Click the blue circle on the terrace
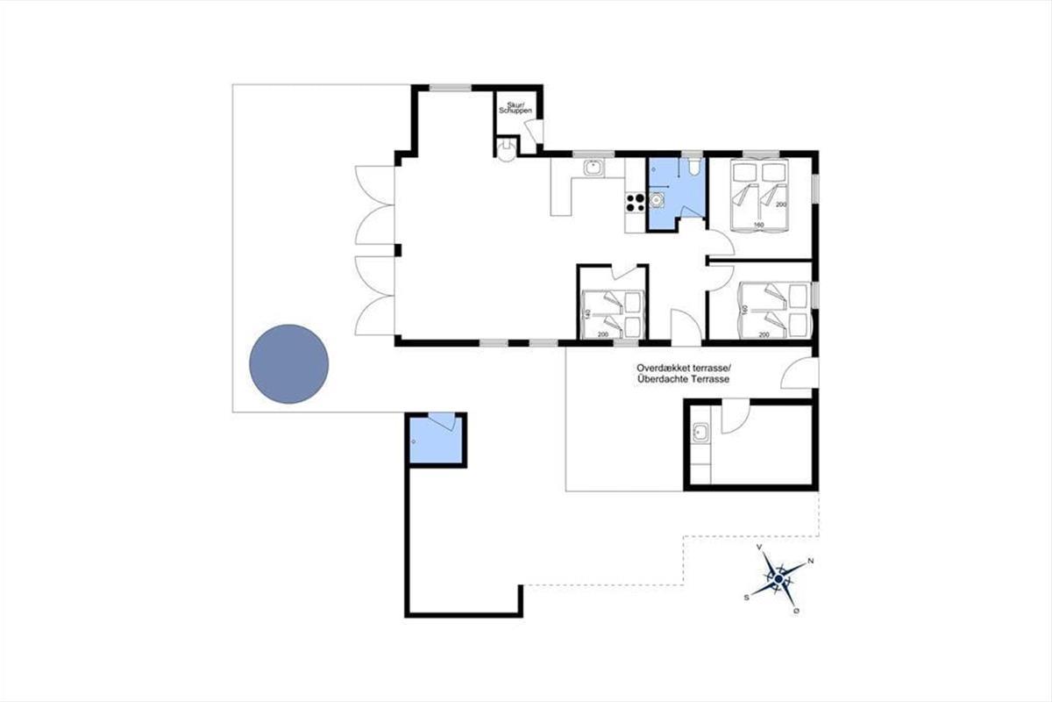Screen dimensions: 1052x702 (288, 364)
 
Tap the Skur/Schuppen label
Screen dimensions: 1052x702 (515, 108)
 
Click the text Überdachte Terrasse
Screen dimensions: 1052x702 (683, 379)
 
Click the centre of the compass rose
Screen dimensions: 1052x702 (778, 579)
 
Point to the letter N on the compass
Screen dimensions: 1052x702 (810, 561)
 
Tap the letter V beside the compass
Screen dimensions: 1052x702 (759, 547)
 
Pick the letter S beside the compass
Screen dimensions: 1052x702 (746, 598)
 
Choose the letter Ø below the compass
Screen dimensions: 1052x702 (797, 611)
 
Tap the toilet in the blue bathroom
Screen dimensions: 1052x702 (693, 166)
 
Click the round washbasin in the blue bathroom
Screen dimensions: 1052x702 (656, 200)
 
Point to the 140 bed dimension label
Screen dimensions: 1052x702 (586, 315)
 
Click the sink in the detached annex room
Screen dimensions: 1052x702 (700, 432)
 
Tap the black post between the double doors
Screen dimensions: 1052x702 (398, 250)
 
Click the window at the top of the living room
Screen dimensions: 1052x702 (451, 88)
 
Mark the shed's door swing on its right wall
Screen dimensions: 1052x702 (535, 131)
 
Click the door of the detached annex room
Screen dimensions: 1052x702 (736, 416)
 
